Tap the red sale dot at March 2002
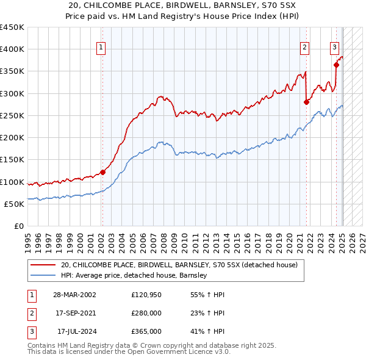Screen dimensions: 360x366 [x=102, y=172]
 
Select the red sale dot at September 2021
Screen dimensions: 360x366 [x=306, y=102]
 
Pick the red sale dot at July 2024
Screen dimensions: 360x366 [x=336, y=65]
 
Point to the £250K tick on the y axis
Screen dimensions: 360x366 [x=12, y=115]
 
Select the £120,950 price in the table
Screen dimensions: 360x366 [x=146, y=295]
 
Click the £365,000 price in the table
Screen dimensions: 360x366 [x=146, y=331]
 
